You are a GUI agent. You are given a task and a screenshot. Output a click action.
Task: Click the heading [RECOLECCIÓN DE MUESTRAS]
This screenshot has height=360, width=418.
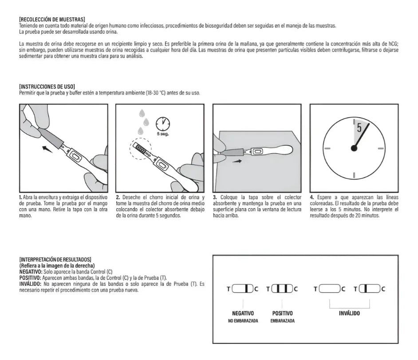[52, 20]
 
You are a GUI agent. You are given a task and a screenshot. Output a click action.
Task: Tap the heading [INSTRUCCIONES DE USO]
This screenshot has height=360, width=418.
[47, 86]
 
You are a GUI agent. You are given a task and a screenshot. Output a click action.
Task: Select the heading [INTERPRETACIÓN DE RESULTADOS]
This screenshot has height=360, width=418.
[55, 259]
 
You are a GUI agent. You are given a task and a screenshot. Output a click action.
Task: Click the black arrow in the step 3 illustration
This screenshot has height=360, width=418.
[237, 162]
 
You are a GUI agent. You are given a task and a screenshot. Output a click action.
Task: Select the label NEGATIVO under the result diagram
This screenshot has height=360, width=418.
[243, 313]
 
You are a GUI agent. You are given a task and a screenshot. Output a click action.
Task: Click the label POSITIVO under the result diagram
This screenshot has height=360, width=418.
[282, 313]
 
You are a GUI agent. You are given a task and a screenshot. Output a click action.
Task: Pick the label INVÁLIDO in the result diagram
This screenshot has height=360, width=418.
[349, 313]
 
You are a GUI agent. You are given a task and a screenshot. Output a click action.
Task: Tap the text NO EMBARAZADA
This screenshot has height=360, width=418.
[243, 321]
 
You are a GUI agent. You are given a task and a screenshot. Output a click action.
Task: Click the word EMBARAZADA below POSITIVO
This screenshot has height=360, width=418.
[282, 321]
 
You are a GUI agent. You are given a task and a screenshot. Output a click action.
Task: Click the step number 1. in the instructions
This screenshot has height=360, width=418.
[21, 197]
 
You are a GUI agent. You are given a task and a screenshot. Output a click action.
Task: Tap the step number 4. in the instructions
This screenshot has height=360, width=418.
[312, 197]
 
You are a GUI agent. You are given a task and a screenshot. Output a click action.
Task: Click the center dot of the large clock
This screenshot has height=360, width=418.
[354, 148]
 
